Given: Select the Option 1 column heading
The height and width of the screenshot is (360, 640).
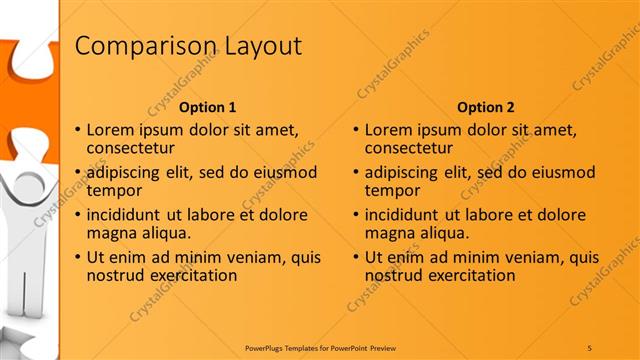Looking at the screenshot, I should (207, 107).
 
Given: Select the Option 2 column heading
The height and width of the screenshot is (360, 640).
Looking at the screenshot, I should (486, 107).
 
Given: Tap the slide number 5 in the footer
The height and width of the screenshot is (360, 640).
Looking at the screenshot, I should (590, 347).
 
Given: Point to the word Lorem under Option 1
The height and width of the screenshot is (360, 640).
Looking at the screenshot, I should (111, 129).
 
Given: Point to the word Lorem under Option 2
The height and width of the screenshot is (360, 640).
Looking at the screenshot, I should (389, 129).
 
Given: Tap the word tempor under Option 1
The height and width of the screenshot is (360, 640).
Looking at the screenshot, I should (113, 190).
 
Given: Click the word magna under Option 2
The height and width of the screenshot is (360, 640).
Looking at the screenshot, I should (388, 233).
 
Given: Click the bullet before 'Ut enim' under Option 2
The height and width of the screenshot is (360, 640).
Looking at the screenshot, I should (356, 257).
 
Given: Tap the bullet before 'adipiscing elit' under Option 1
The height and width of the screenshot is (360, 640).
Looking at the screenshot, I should (78, 172).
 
